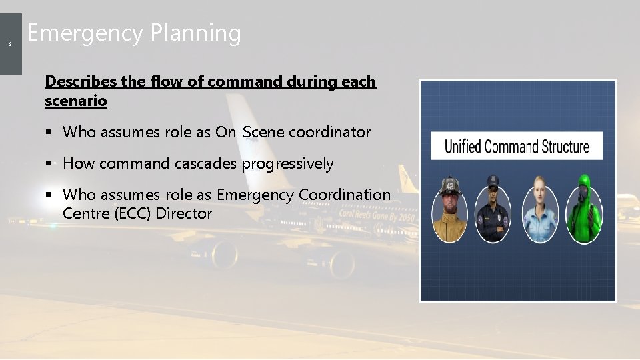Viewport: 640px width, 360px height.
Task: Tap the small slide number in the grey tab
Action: [10, 44]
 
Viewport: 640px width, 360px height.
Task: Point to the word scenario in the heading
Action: [75, 101]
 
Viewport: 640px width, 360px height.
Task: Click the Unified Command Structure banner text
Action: [517, 146]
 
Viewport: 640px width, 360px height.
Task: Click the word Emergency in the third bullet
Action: [255, 195]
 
